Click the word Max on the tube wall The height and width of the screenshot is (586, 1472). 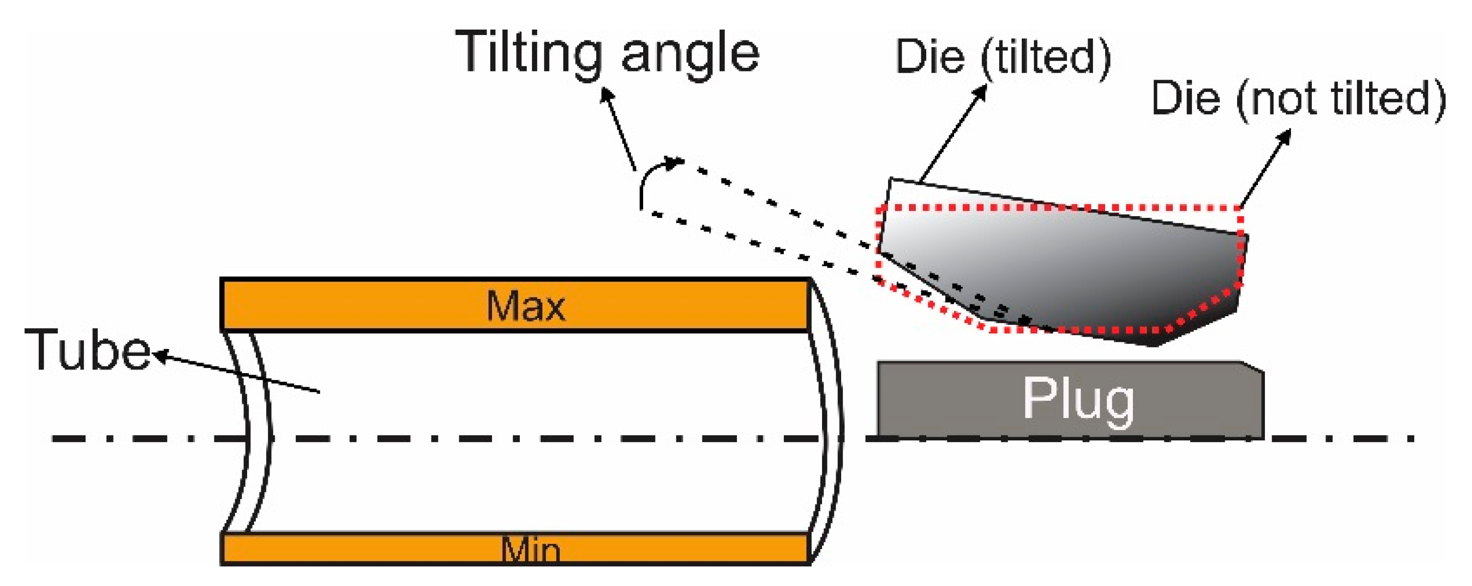[526, 307]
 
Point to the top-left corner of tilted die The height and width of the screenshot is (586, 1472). [890, 180]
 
